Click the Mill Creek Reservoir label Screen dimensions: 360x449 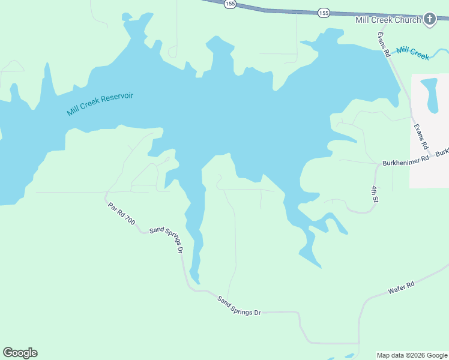100,104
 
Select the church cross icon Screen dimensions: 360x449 430,20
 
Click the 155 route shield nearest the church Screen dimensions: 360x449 324,12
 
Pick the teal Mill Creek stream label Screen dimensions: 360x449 413,53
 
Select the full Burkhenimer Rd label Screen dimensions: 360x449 406,159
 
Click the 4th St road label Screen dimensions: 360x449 374,194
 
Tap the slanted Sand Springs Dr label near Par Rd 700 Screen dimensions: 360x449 166,239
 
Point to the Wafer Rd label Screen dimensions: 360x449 401,288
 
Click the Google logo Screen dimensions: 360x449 20,353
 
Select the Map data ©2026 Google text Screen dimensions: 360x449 411,355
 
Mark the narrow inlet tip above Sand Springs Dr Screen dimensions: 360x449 195,277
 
